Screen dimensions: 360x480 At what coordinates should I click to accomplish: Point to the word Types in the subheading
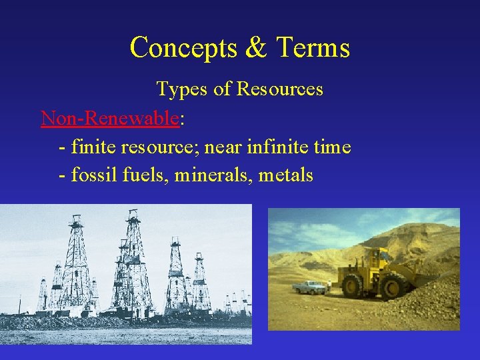[181, 89]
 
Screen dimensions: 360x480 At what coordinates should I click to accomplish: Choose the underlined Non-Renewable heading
[110, 118]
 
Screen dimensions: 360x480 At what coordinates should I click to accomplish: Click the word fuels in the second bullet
[136, 175]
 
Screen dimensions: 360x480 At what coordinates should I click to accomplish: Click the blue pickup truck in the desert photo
[309, 287]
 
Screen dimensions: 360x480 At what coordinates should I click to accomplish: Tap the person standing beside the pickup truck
[328, 285]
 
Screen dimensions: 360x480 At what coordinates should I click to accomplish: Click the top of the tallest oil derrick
[133, 213]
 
